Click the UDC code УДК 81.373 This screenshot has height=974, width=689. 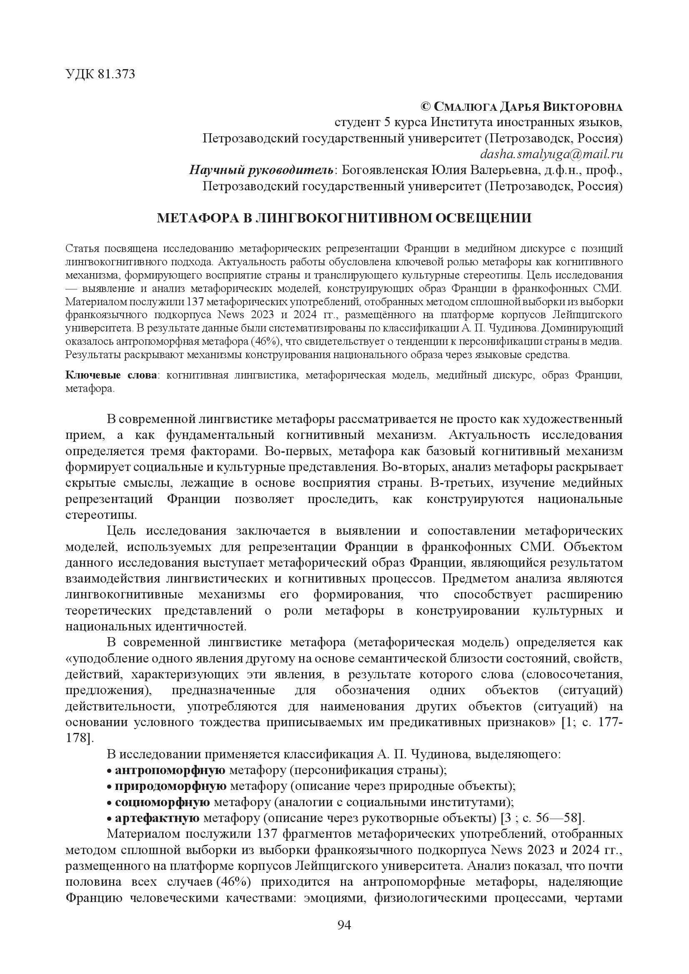100,74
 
